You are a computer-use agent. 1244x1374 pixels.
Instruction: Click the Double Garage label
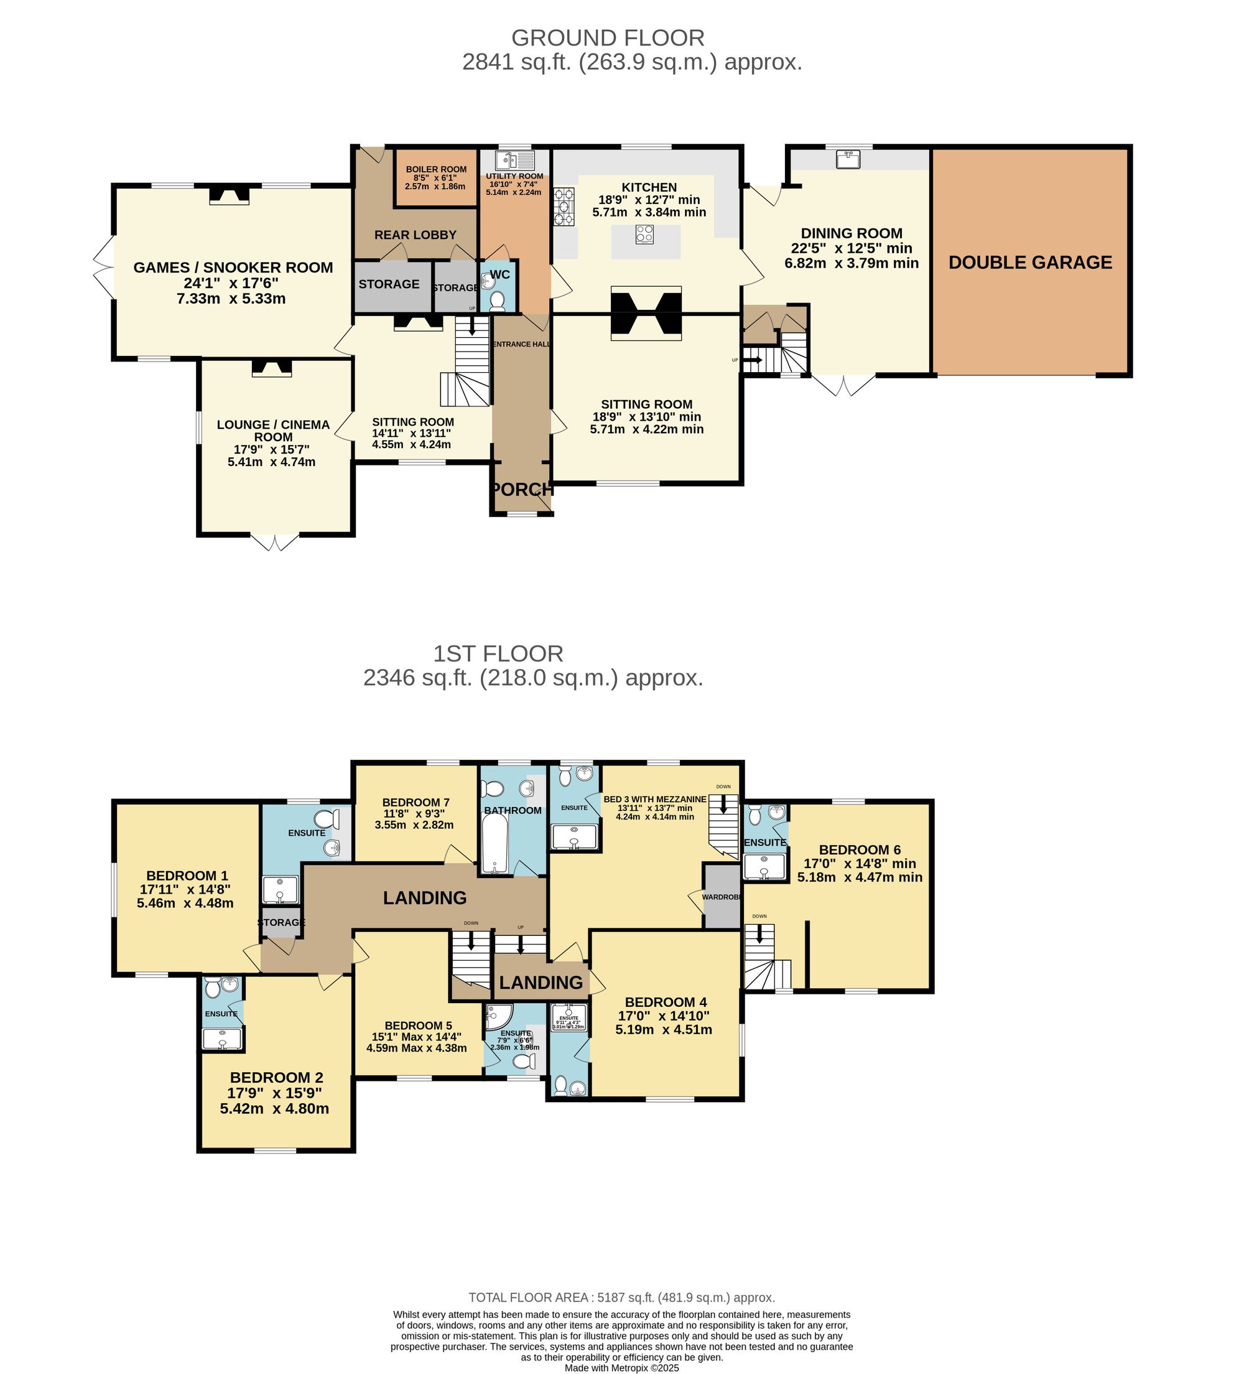point(1029,263)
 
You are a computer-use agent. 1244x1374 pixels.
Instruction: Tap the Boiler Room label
point(436,169)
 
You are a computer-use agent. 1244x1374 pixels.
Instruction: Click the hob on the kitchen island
point(644,235)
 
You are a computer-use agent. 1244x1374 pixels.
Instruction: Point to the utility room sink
point(506,160)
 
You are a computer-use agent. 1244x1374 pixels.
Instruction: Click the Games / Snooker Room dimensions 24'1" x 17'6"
point(231,283)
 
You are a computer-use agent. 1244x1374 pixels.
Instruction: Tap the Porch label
point(521,488)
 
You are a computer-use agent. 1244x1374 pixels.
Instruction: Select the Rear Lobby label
point(415,235)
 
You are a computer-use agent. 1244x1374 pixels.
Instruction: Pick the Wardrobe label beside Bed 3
point(721,897)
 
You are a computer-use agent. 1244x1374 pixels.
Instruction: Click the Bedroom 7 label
point(415,802)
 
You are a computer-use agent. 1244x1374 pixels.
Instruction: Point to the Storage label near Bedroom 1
point(281,922)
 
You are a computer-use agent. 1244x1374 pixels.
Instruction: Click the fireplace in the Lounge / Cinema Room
point(272,368)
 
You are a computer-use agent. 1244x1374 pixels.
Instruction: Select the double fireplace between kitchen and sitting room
point(646,313)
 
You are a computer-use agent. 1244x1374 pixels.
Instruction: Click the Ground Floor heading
point(608,37)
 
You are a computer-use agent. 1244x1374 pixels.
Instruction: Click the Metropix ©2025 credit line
point(621,1367)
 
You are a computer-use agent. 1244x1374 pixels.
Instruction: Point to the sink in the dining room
point(848,159)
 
